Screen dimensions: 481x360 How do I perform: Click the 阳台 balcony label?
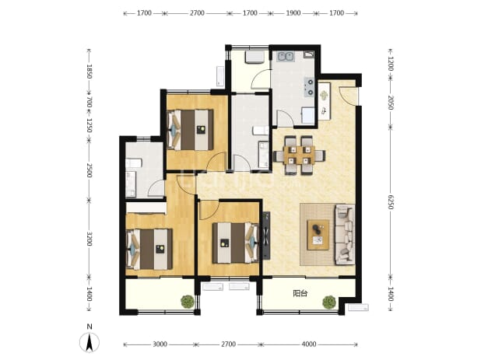[x=300, y=293]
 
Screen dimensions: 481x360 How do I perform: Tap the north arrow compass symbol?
[x=90, y=342]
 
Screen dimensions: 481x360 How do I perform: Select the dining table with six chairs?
[x=299, y=156]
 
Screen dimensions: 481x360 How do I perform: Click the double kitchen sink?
[x=286, y=57]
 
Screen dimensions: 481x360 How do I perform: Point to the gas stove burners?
[x=309, y=87]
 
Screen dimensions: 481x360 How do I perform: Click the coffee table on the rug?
[x=318, y=234]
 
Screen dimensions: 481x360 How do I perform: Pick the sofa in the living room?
[x=345, y=234]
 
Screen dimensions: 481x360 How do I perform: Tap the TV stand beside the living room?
[x=265, y=236]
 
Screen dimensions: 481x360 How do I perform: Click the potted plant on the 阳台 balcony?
[x=329, y=302]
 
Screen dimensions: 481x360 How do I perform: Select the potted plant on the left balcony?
[x=188, y=302]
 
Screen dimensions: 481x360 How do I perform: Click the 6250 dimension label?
[x=390, y=202]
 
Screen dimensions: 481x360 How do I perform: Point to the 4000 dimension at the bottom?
[x=308, y=344]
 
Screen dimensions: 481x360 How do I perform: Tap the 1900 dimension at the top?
[x=293, y=13]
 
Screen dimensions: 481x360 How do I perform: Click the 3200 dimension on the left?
[x=89, y=239]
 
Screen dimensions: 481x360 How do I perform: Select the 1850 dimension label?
[x=89, y=71]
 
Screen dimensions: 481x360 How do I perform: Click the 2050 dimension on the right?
[x=390, y=103]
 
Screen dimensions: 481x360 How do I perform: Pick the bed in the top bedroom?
[x=190, y=130]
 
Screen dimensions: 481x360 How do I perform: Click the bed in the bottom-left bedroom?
[x=149, y=249]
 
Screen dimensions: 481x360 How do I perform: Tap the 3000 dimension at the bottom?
[x=160, y=344]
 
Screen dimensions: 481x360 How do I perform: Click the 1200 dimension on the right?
[x=390, y=64]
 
